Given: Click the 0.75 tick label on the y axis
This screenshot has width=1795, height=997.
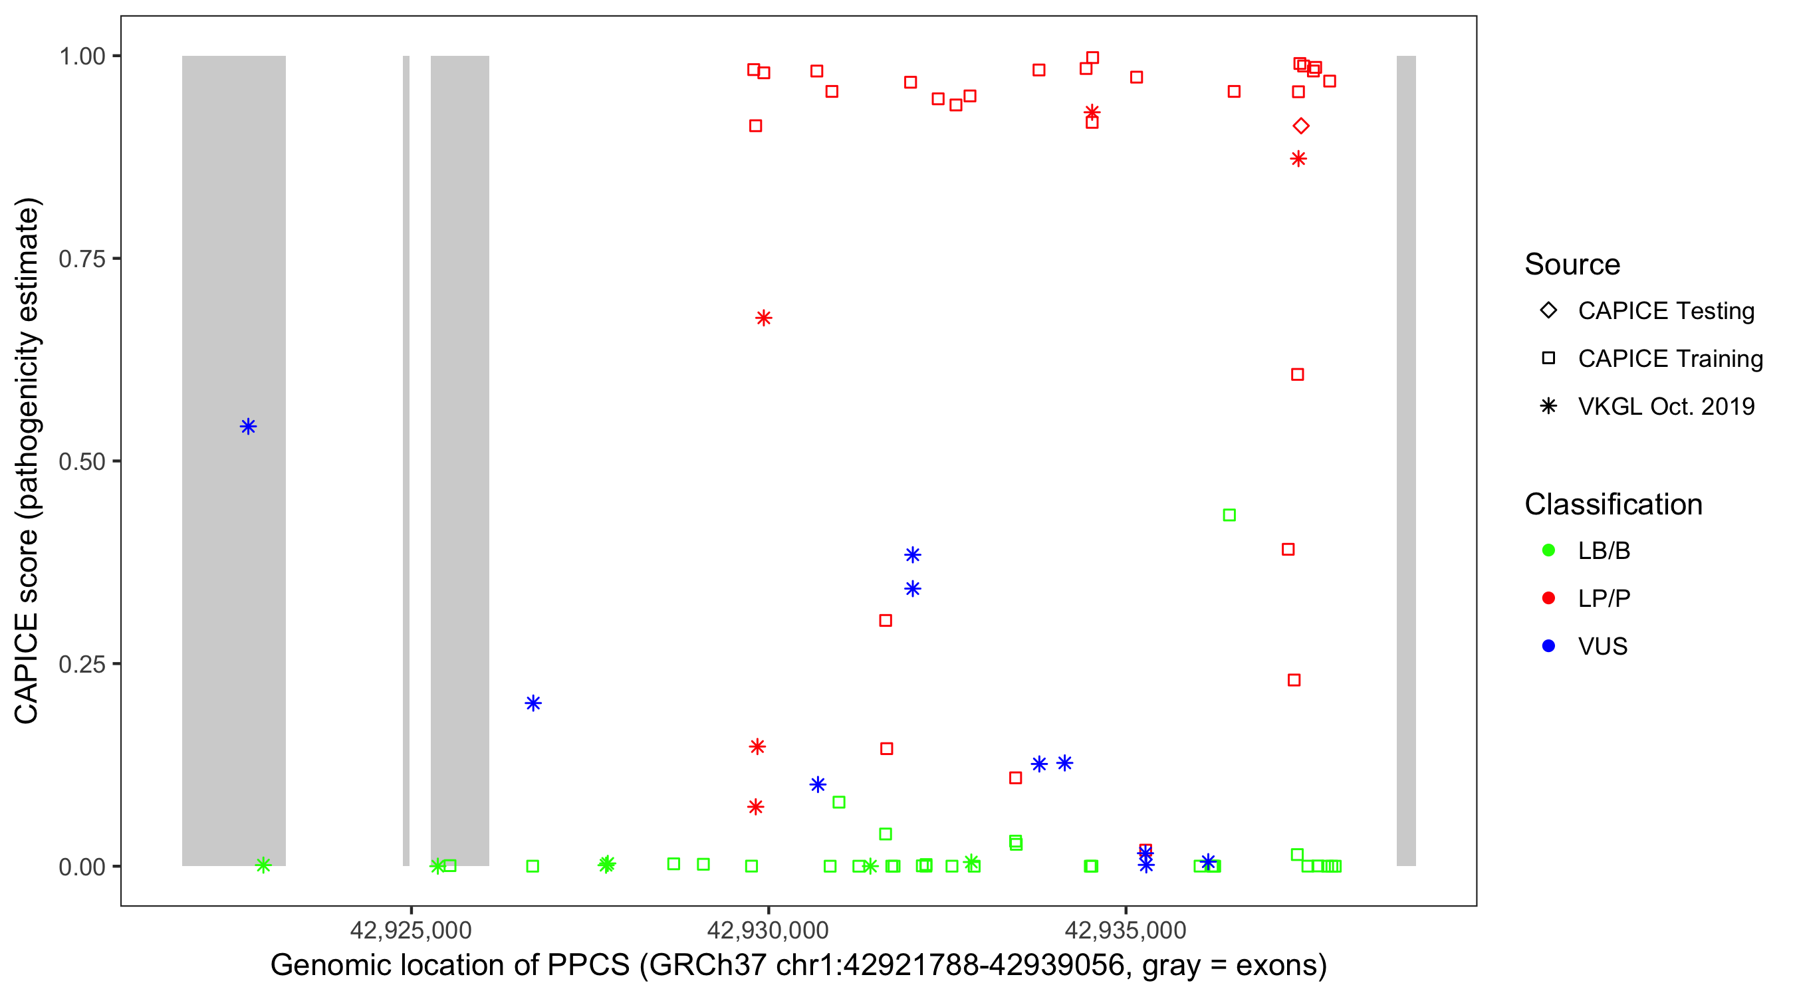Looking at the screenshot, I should [x=81, y=259].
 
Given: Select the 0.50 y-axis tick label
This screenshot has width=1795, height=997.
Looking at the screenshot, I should [x=81, y=461].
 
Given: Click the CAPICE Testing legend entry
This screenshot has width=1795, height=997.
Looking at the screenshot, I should [x=1665, y=311].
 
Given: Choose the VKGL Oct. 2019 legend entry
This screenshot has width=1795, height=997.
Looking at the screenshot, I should [x=1665, y=406].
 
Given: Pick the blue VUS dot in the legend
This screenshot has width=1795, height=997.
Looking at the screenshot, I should [x=1548, y=646].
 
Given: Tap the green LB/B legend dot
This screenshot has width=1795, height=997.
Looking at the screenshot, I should [x=1548, y=550].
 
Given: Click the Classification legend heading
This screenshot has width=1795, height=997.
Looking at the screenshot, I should [x=1612, y=504].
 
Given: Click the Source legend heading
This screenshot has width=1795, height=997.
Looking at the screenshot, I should [x=1572, y=265].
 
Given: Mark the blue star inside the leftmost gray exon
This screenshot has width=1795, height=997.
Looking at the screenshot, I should [x=248, y=427].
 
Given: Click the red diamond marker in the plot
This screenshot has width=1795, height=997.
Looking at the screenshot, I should [x=1300, y=126].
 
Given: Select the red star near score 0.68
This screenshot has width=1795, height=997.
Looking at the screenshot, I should [x=763, y=318].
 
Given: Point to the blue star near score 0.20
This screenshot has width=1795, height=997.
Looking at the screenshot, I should [x=533, y=703].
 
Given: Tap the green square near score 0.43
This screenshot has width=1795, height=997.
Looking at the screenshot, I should [x=1229, y=515].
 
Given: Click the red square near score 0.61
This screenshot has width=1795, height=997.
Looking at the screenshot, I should [x=1297, y=375].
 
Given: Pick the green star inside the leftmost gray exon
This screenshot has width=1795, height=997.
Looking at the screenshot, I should [x=263, y=865].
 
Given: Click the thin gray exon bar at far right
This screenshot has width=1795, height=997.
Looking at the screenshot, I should [x=1405, y=460].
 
